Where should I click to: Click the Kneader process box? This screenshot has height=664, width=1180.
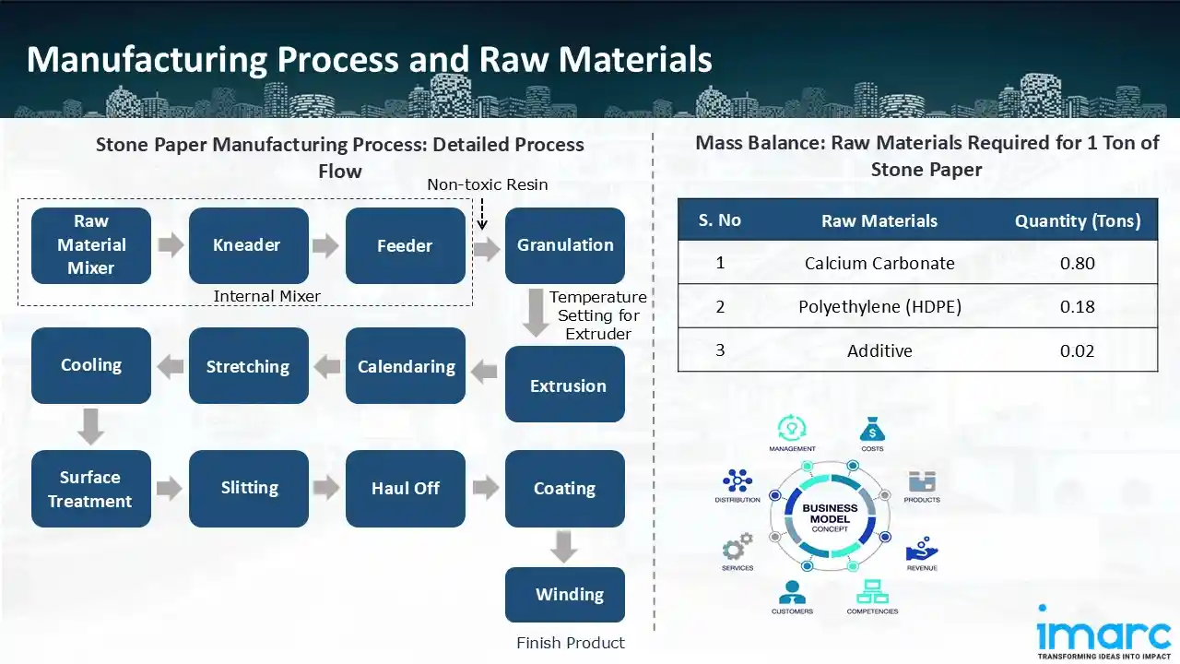[x=248, y=245]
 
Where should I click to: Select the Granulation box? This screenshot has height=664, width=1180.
[x=564, y=245]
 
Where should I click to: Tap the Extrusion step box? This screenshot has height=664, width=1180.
[x=564, y=385]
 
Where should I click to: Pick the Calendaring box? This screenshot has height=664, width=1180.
[x=406, y=366]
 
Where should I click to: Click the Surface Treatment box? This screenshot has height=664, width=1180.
[x=90, y=489]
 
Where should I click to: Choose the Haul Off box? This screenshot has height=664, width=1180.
[x=406, y=489]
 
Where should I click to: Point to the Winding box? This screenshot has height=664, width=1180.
[x=564, y=595]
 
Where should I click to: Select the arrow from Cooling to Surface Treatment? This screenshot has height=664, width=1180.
[x=90, y=427]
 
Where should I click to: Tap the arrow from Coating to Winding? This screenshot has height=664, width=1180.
[x=564, y=547]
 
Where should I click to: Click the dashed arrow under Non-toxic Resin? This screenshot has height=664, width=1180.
[x=481, y=215]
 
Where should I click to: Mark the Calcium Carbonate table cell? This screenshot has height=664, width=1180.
[x=879, y=264]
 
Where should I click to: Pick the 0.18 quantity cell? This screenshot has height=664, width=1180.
[x=1077, y=307]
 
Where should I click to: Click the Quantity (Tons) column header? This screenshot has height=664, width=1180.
[x=1077, y=221]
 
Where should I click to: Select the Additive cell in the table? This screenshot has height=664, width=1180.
[x=879, y=350]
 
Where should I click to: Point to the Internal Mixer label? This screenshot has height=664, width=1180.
[x=266, y=296]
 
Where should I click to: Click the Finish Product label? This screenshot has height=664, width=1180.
[x=570, y=643]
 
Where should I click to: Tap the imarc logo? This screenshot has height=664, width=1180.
[x=1103, y=633]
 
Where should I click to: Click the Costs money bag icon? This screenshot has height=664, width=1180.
[x=872, y=430]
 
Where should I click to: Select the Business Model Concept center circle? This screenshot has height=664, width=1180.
[x=831, y=516]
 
